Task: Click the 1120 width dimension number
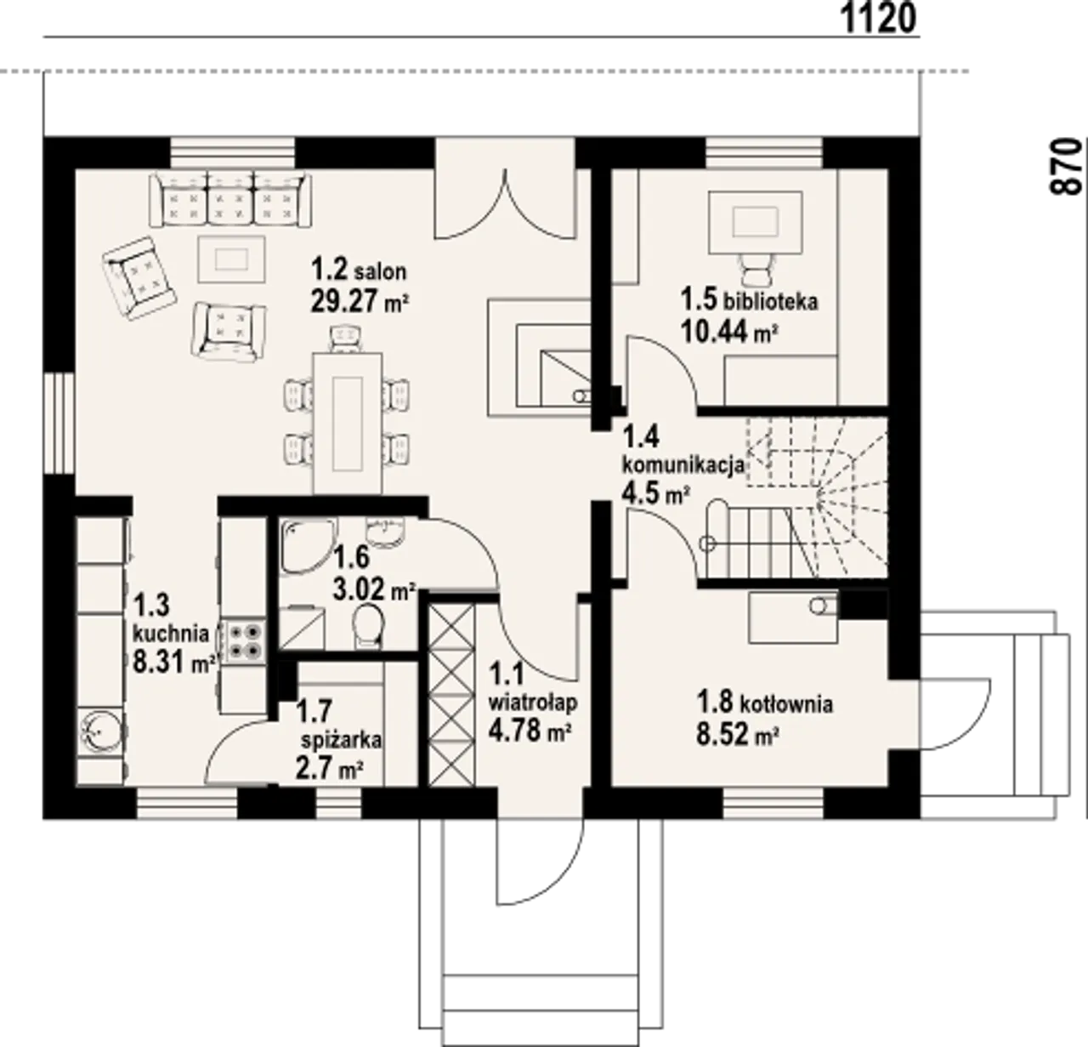(879, 20)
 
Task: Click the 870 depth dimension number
(1066, 167)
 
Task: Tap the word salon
(380, 272)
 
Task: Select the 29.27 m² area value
(360, 302)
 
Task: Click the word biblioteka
(771, 302)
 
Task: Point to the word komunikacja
(683, 465)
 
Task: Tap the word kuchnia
(171, 634)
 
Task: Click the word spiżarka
(342, 740)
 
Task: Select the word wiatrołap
(533, 703)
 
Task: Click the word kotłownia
(786, 704)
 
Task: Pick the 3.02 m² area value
(374, 589)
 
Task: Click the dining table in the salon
(348, 424)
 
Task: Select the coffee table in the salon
(231, 259)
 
